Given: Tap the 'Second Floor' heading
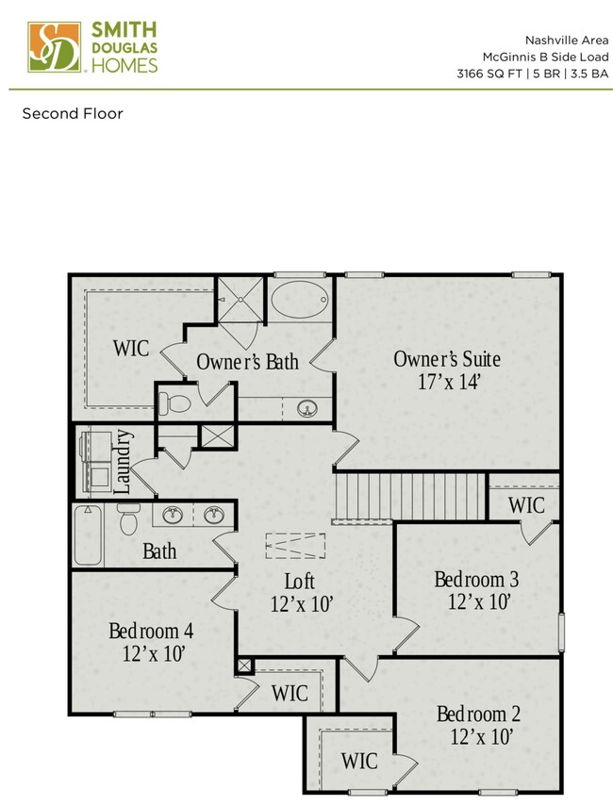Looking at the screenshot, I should tap(73, 114).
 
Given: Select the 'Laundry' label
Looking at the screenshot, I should tap(122, 462).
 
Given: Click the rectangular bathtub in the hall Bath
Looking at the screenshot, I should tap(88, 534).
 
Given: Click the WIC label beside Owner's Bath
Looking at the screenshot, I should tap(130, 348).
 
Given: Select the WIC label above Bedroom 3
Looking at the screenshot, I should tap(525, 504).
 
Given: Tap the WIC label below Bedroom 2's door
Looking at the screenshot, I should tap(359, 760).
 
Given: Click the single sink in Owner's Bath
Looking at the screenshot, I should tap(306, 409).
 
